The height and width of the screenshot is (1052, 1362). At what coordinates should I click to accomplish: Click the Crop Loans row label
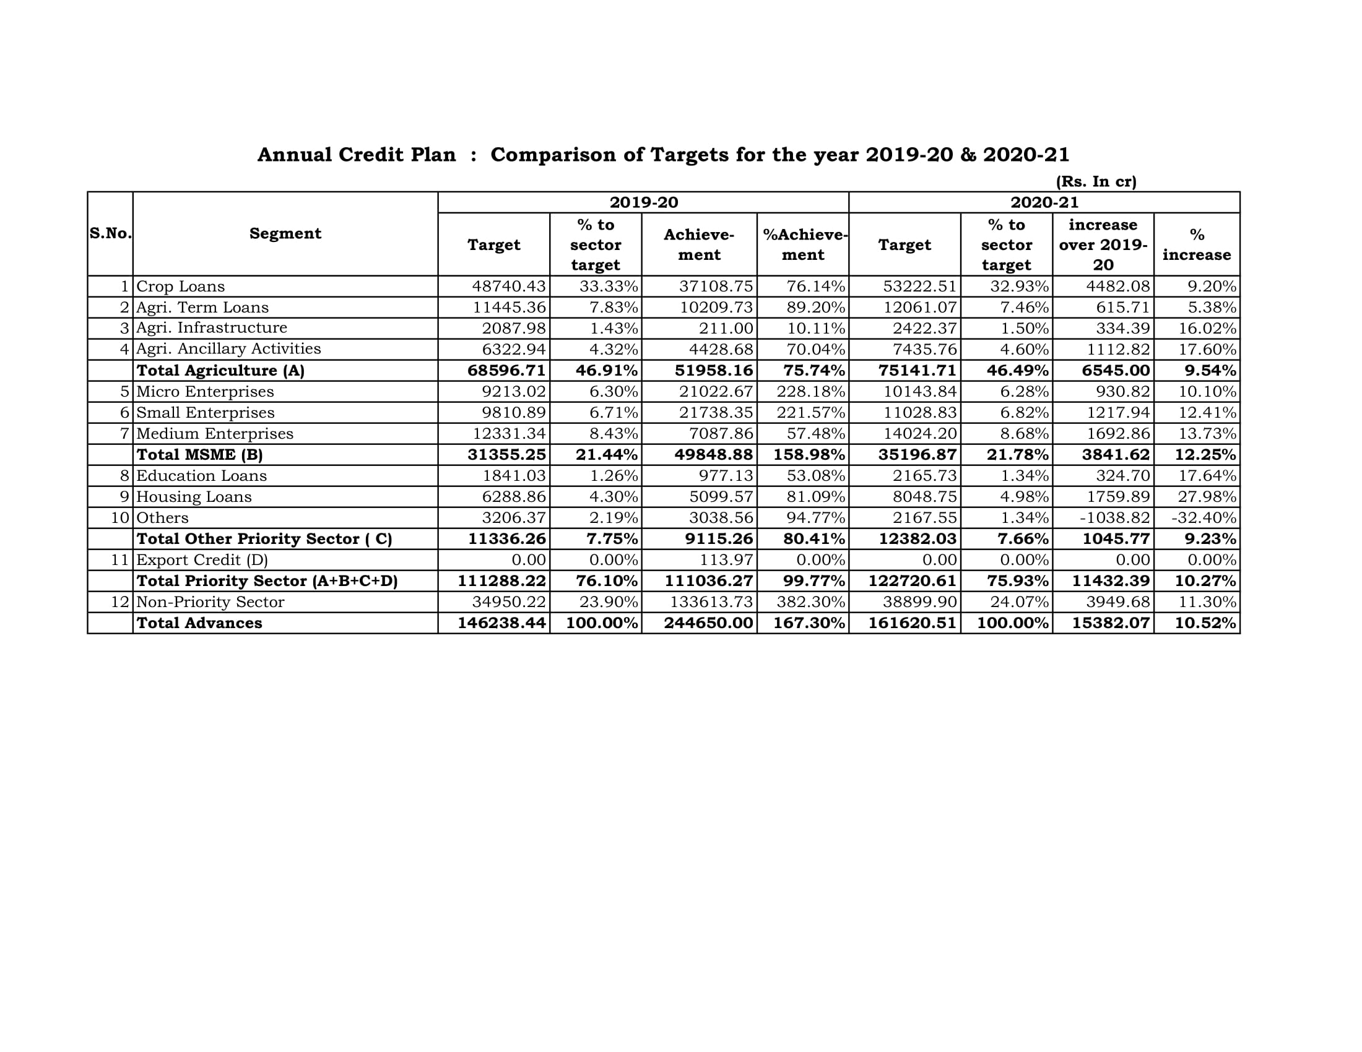[180, 287]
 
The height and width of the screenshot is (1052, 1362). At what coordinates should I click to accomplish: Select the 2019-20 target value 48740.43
[509, 287]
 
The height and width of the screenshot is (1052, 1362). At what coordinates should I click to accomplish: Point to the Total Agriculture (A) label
[220, 371]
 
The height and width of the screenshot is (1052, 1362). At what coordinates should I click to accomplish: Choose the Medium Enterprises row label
[215, 434]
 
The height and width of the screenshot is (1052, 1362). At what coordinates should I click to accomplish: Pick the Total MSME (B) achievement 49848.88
[713, 455]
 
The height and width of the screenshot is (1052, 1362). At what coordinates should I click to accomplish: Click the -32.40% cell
[1203, 518]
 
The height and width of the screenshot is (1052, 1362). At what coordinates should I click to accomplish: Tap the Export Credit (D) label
[201, 559]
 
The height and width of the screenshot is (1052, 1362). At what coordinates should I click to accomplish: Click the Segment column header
[285, 234]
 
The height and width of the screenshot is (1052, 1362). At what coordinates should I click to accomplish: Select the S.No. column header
[110, 234]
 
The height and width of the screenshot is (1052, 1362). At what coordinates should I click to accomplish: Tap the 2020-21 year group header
[1044, 202]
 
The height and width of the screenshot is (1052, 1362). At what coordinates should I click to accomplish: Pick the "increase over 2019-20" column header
[1103, 244]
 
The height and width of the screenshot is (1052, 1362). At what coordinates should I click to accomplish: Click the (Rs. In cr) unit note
[1096, 182]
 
